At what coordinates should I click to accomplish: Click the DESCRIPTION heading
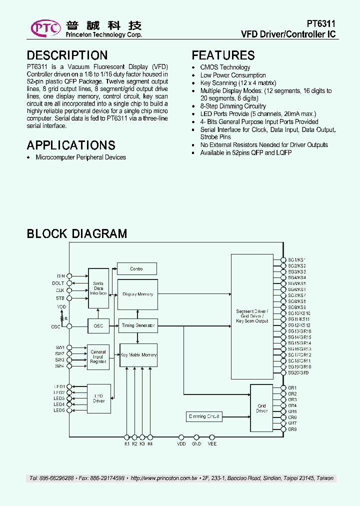(67, 55)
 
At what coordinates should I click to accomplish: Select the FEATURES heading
(223, 55)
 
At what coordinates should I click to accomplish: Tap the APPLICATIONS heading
(71, 145)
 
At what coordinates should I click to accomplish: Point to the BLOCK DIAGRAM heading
(76, 233)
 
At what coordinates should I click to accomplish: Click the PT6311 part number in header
(321, 24)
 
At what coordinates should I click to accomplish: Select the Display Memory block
(137, 294)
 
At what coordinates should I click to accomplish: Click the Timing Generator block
(137, 326)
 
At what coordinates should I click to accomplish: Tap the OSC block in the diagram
(98, 326)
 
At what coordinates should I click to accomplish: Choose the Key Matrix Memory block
(138, 355)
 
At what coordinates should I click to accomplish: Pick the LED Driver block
(98, 398)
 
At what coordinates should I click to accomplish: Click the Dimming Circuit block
(204, 416)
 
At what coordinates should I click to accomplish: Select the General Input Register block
(98, 356)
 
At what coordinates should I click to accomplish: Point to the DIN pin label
(61, 276)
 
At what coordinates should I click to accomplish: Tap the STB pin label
(60, 298)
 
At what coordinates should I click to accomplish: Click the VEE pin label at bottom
(212, 443)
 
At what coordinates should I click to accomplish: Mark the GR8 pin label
(292, 429)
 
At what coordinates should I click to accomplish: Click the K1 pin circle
(126, 436)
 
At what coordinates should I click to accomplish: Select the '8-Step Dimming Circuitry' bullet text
(233, 106)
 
